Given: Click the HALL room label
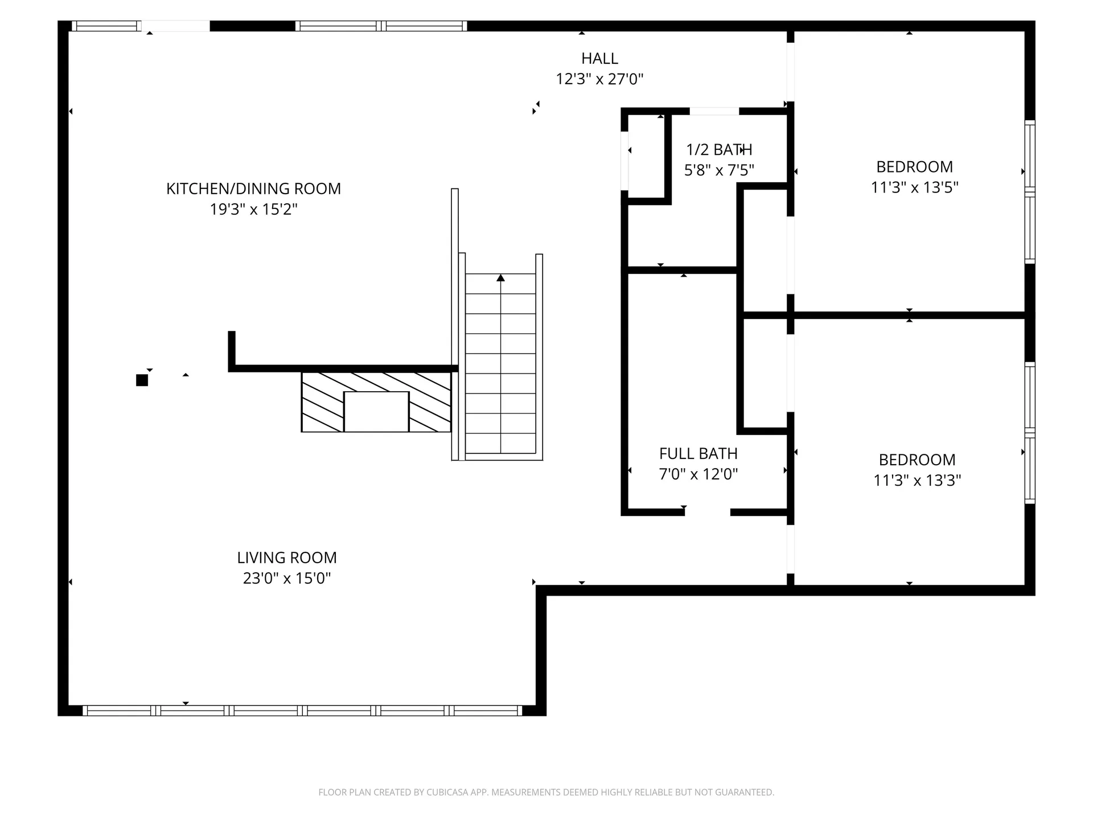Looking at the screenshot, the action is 599,58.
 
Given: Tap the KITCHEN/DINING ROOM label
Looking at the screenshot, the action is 253,188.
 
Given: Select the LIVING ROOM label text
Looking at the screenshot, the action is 287,557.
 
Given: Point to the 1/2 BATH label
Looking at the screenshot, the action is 719,149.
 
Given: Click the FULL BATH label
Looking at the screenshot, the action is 698,453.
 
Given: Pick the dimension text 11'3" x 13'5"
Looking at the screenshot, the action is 915,187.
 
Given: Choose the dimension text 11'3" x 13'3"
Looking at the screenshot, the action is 917,480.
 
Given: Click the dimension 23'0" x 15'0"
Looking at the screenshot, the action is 287,578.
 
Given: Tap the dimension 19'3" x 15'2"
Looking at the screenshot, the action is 254,209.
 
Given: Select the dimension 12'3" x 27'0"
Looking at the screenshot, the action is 599,79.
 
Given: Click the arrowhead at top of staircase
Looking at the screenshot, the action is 500,278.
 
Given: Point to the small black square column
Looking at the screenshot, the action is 142,380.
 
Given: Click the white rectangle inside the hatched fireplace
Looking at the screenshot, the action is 376,412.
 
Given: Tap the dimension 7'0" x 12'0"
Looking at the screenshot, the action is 698,474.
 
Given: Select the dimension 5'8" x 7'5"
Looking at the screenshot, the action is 719,170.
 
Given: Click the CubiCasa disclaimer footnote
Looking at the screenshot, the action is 546,792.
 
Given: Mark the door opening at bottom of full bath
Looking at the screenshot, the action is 708,512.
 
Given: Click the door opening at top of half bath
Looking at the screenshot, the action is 714,111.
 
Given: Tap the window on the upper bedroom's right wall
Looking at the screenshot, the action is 1030,192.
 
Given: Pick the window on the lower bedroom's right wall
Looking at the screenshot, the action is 1030,433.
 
